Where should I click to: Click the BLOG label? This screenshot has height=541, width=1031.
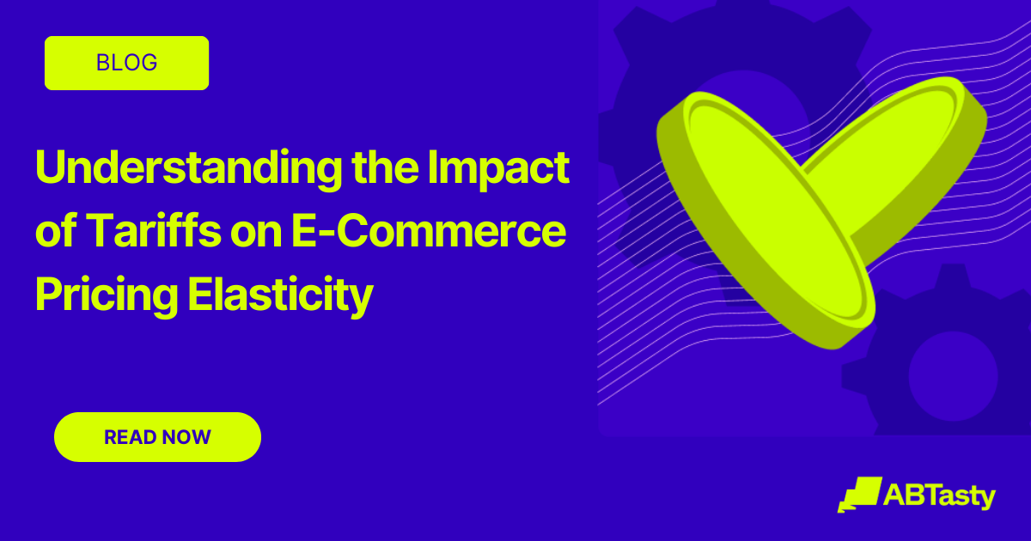[126, 63]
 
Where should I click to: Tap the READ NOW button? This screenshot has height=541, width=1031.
[157, 437]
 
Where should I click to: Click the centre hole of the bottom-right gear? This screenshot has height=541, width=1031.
[952, 375]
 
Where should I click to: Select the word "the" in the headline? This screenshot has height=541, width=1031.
[384, 167]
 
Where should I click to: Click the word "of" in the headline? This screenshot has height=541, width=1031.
[55, 233]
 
